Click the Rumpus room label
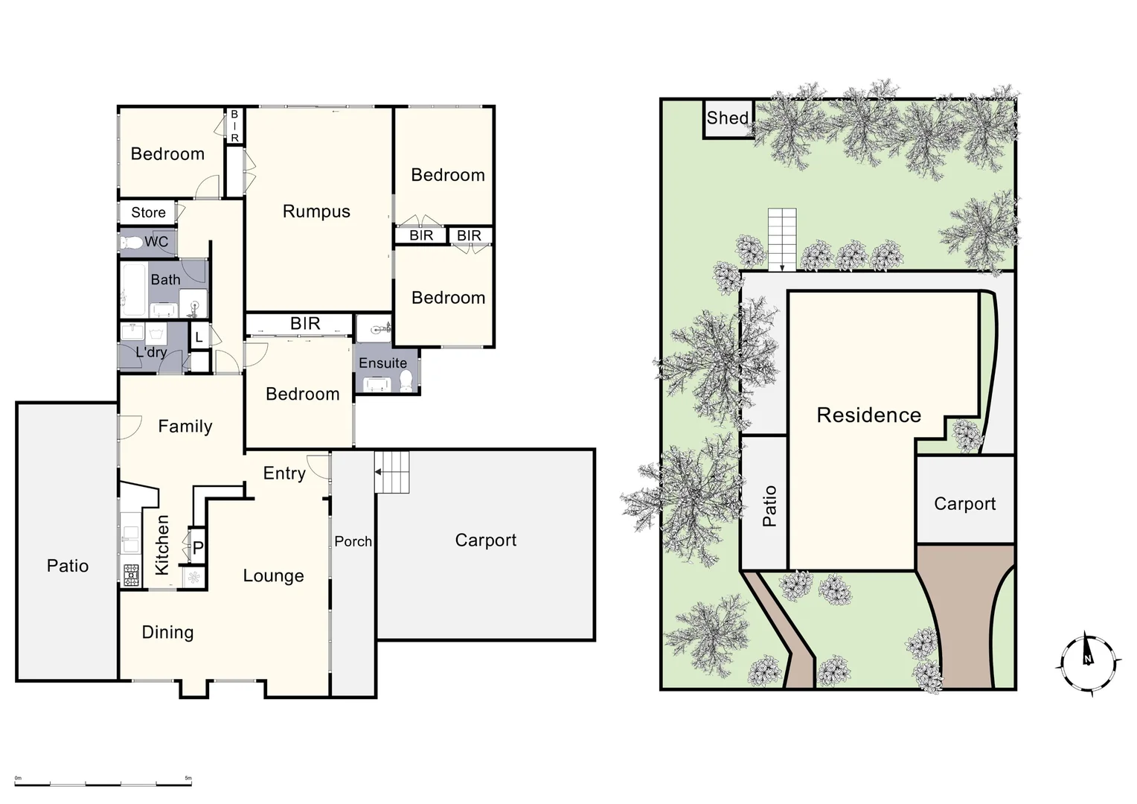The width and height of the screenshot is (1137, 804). (x=316, y=211)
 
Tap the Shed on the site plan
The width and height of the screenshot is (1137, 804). (x=728, y=118)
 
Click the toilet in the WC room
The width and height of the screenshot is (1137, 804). (x=132, y=243)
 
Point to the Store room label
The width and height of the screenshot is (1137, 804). (x=148, y=212)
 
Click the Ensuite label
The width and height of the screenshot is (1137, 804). (x=382, y=363)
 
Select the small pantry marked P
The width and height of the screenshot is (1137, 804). (x=198, y=549)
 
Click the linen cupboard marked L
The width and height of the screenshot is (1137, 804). (x=199, y=337)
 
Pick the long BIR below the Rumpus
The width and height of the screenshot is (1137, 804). (x=304, y=324)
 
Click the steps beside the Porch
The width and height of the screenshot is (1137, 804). (x=392, y=472)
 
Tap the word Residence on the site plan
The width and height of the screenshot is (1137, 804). (x=868, y=415)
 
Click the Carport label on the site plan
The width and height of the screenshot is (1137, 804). (x=964, y=504)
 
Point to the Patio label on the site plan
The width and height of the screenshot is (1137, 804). (x=769, y=506)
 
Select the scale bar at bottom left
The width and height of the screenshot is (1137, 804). (x=104, y=783)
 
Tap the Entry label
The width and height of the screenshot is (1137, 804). (x=284, y=473)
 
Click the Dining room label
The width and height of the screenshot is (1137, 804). (x=167, y=632)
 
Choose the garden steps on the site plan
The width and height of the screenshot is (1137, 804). (x=781, y=238)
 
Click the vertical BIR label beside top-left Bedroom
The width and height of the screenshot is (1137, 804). (x=234, y=126)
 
